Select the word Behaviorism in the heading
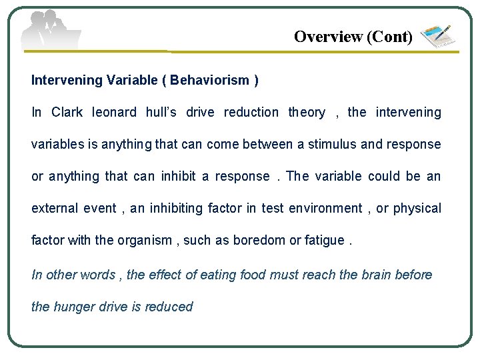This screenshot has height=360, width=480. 209,81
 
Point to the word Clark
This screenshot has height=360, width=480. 67,113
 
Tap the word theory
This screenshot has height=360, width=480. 307,113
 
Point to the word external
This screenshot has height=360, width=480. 55,209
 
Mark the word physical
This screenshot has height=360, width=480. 417,209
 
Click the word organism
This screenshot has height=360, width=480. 145,241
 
